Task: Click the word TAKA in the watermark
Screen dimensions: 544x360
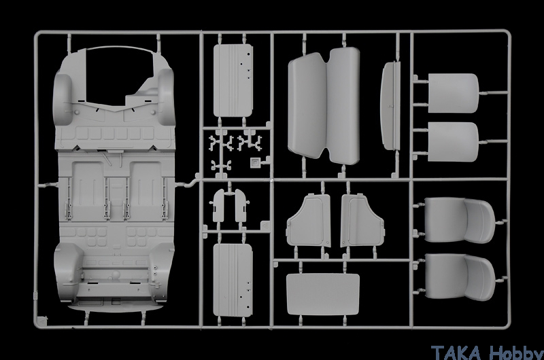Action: [x=456, y=352]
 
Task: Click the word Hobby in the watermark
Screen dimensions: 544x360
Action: [x=516, y=353]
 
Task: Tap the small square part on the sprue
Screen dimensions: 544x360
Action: [x=255, y=162]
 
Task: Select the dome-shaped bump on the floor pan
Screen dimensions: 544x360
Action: [x=115, y=275]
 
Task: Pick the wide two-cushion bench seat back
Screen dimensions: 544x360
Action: [x=324, y=106]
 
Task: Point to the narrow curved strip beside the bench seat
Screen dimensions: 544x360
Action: [x=390, y=106]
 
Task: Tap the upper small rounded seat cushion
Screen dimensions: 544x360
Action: [x=454, y=93]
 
